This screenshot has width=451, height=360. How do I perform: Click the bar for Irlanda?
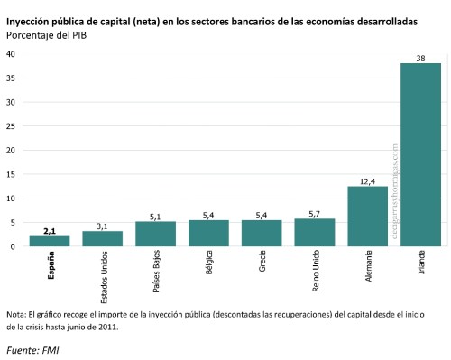tap(420, 154)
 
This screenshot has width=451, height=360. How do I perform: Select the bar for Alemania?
tap(367, 216)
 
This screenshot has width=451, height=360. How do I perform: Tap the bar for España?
tap(49, 241)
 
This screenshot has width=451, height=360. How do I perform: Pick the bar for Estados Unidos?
tap(102, 238)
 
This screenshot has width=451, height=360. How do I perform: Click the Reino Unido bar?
tap(314, 232)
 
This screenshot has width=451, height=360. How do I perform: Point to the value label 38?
tap(420, 58)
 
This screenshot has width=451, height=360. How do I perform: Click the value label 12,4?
tap(367, 180)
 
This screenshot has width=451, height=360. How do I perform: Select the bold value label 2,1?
tap(49, 230)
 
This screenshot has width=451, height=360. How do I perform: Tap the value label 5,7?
tap(314, 213)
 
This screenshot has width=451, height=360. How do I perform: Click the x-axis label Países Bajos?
tap(155, 272)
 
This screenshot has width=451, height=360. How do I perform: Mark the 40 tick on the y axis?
tap(11, 54)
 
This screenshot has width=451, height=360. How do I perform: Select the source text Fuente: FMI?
tap(32, 348)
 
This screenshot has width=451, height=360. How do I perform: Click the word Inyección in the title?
tap(30, 20)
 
